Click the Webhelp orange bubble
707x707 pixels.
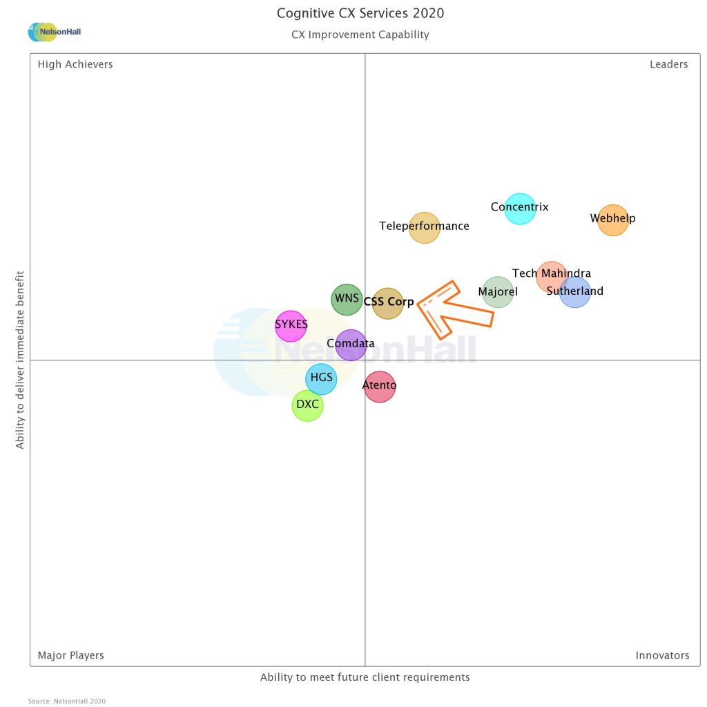pos(612,220)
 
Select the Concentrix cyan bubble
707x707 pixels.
pos(520,209)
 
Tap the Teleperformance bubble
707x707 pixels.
pos(425,227)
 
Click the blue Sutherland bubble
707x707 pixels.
pos(574,292)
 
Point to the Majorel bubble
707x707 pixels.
pos(498,292)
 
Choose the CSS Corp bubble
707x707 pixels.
pos(388,303)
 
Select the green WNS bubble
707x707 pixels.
pos(347,300)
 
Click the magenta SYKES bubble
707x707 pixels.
pos(291,325)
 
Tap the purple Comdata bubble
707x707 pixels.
pos(351,345)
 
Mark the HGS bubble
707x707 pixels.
pos(321,378)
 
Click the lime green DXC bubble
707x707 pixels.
pos(307,405)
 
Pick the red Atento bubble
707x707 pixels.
pos(380,386)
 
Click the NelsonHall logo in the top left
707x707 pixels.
pos(55,32)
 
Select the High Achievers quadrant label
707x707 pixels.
pos(75,64)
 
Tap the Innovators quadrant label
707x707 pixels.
pos(662,655)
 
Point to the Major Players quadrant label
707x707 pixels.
pos(71,655)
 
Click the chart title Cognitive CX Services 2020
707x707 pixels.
pos(360,13)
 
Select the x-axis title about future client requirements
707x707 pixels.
pos(365,677)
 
